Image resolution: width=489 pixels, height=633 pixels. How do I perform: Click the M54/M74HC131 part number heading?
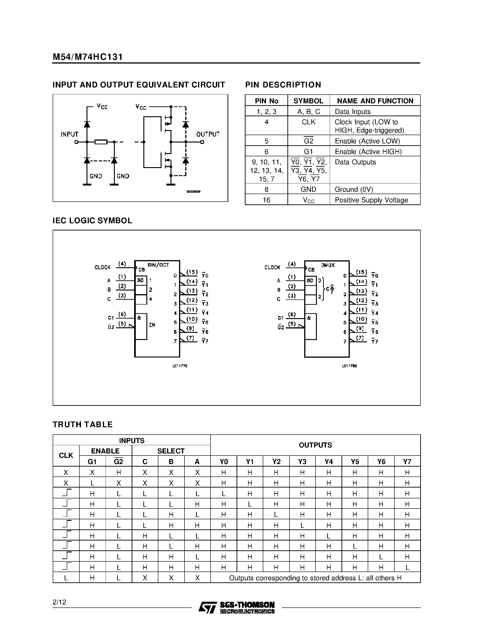coord(87,57)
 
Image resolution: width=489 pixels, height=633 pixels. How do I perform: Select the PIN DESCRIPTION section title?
coord(283,85)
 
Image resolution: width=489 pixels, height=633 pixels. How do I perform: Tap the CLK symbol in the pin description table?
coord(309,122)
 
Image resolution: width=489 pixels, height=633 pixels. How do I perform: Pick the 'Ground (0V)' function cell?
coord(354,189)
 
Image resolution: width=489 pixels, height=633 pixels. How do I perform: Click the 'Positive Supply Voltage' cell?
coord(371,200)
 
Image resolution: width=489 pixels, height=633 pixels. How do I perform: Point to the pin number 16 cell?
coord(266,200)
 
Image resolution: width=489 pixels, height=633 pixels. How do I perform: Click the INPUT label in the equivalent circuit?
coord(69,134)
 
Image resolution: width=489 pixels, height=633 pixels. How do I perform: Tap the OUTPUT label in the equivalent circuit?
coord(208,134)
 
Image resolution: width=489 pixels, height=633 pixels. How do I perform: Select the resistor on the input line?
coord(101,142)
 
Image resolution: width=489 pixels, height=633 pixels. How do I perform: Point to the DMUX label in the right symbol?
coord(328,265)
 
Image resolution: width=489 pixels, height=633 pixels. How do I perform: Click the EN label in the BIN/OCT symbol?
coord(152,325)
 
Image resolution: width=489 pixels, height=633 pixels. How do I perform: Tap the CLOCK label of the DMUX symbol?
coord(272,267)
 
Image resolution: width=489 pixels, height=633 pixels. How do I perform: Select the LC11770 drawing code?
coord(180,366)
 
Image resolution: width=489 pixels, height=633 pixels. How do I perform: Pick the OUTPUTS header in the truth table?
coord(315,445)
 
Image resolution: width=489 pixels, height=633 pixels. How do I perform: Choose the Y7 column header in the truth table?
coord(407,462)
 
